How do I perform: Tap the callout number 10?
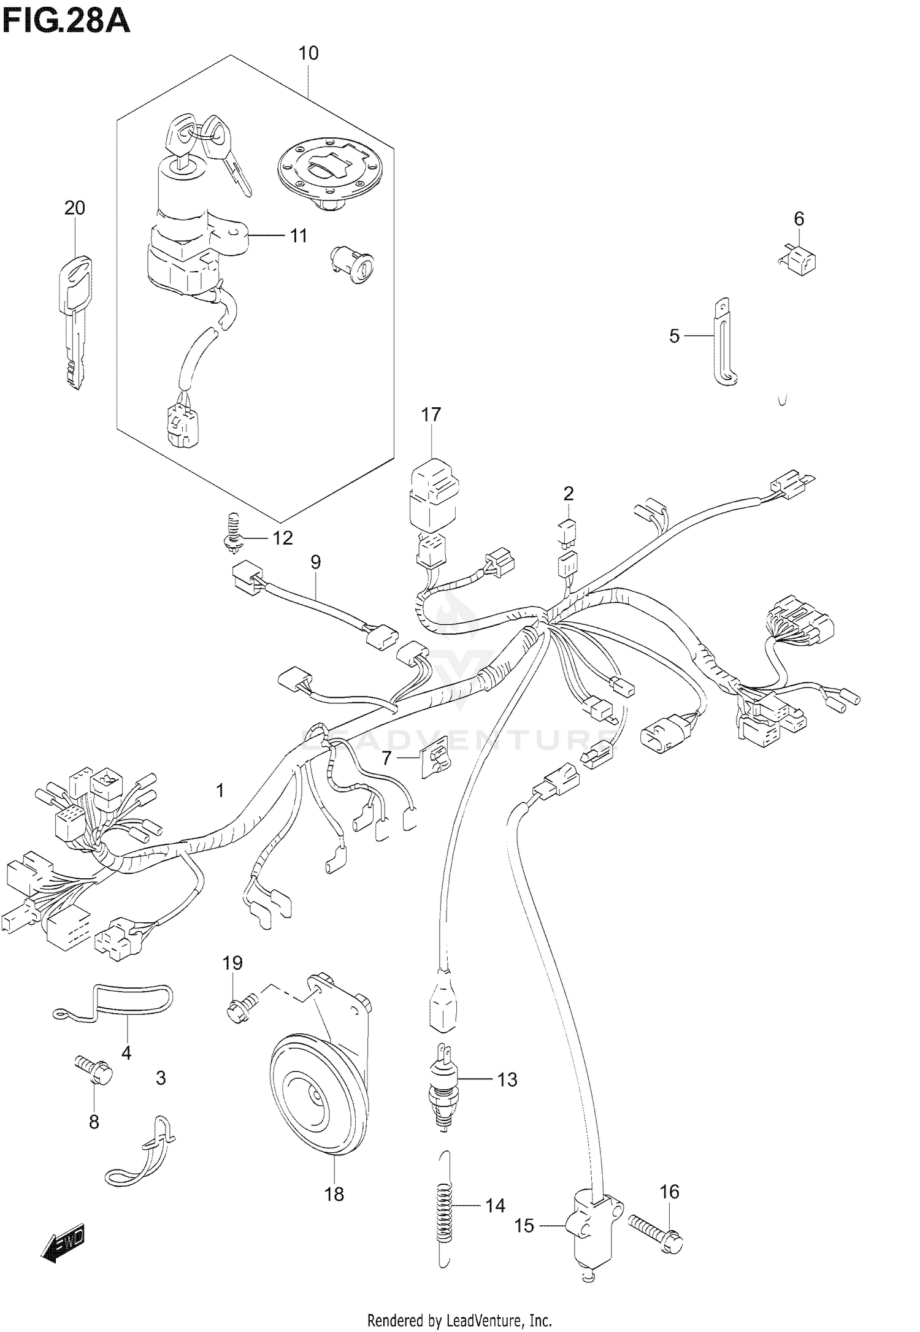(x=309, y=53)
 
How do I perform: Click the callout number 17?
(x=431, y=415)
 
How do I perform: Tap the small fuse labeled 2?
(x=566, y=530)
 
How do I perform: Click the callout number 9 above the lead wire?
(x=315, y=562)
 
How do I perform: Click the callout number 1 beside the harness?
(x=220, y=790)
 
